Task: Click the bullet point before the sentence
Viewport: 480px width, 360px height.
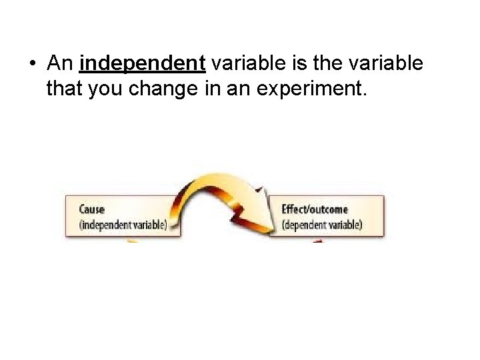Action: [33, 64]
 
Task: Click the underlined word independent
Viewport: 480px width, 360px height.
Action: [142, 63]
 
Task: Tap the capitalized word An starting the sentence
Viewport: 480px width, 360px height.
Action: [60, 63]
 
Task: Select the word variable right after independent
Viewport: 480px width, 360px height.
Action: [241, 63]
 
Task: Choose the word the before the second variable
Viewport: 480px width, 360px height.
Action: [323, 63]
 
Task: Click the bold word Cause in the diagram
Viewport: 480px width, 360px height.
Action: [92, 210]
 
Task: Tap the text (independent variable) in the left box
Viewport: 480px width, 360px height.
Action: [123, 225]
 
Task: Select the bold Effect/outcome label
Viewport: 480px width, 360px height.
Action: [314, 210]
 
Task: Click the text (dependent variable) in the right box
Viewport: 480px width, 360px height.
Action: [321, 225]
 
